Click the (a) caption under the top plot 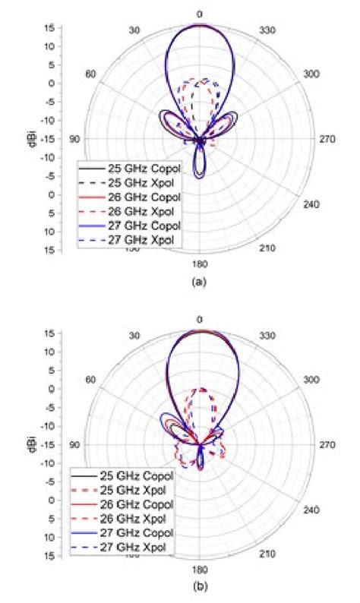point(199,282)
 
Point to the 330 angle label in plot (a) point(268,30)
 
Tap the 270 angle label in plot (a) point(323,140)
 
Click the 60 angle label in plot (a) point(90,74)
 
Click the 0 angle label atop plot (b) point(199,320)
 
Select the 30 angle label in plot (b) point(134,336)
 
